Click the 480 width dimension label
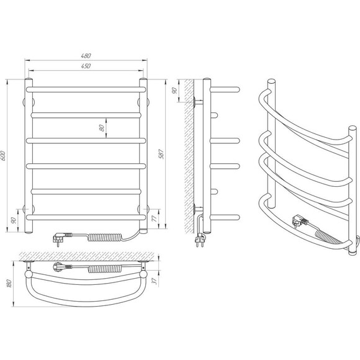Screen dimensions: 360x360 pos(86,56)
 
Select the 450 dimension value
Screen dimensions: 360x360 pos(86,66)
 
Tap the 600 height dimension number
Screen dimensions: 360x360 pos(2,156)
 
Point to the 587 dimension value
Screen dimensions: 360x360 pos(161,154)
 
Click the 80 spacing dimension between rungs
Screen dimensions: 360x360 pos(101,128)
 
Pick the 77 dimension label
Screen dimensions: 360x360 pos(155,218)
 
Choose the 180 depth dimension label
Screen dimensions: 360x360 pos(9,284)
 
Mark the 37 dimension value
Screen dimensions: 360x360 pos(155,281)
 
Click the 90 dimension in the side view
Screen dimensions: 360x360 pos(174,91)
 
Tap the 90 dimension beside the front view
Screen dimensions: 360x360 pos(14,220)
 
